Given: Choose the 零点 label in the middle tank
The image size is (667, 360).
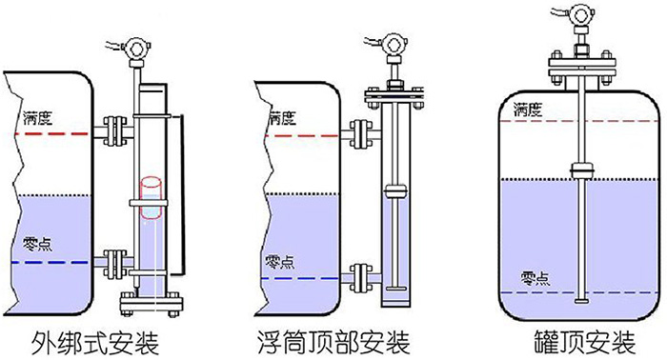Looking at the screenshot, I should (x=279, y=261).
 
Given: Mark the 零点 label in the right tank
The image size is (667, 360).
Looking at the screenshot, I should (x=535, y=278).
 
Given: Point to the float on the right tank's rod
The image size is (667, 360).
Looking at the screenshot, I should (x=582, y=170).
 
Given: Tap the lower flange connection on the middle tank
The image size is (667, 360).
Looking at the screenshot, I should (x=357, y=277).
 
